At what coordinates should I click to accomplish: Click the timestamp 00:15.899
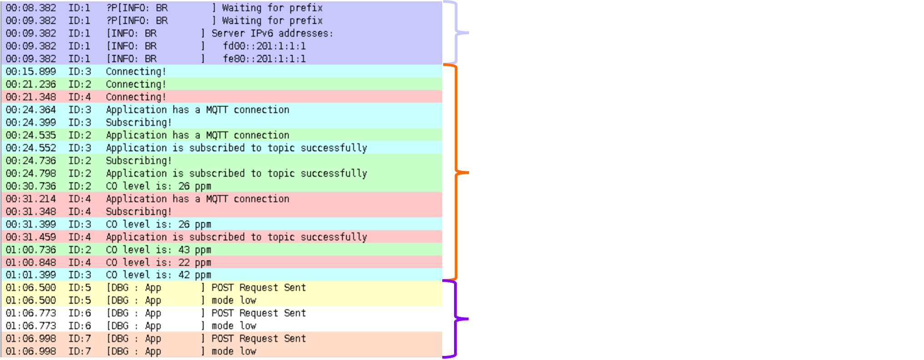31,71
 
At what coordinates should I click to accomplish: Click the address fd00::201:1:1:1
264,46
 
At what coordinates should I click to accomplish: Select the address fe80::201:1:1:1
264,59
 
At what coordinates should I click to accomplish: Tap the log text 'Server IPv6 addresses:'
272,33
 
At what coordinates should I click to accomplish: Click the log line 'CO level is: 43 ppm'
158,250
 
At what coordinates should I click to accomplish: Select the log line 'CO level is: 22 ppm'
158,262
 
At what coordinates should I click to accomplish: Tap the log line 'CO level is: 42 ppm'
158,275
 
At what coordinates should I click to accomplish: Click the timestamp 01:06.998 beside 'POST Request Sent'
31,339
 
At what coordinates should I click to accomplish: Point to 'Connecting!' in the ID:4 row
136,97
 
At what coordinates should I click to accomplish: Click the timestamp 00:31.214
31,199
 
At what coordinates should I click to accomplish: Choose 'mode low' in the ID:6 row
234,326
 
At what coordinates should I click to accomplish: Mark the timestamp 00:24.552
31,148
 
